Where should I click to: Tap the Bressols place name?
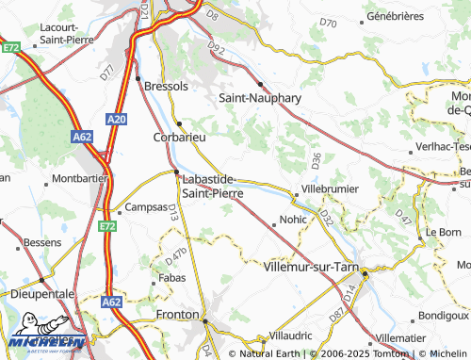coord(167,85)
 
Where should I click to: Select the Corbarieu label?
coord(178,137)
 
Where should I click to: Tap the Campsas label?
coord(145,206)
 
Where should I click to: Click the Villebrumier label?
coord(329,188)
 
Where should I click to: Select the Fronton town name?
coord(178,314)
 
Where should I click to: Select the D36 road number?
coord(316,159)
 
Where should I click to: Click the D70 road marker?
coord(327,22)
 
